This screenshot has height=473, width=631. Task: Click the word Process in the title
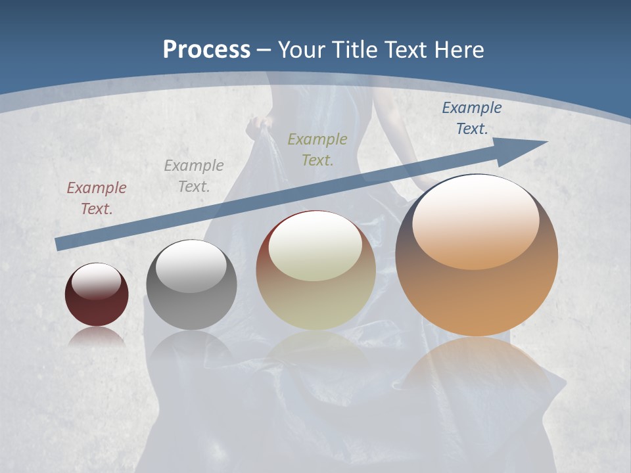(206, 49)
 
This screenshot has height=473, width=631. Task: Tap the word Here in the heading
(458, 49)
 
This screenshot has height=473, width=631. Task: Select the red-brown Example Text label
(97, 198)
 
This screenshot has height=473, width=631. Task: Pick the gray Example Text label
(194, 175)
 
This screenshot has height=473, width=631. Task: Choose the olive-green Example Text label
(317, 149)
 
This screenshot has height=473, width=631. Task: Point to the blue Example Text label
(471, 118)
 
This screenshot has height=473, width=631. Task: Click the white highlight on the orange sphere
(476, 222)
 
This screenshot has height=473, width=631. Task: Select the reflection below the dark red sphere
(97, 338)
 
